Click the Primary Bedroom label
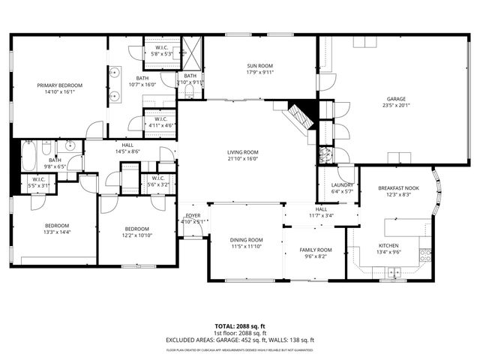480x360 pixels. point(60,85)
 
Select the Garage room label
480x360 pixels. point(396,98)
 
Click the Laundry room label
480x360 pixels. point(332,184)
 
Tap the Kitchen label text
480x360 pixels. point(388,245)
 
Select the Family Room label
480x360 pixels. point(316,250)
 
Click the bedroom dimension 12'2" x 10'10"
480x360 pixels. point(136,235)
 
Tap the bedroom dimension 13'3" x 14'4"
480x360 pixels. point(56,232)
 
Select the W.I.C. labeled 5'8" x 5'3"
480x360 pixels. point(161,54)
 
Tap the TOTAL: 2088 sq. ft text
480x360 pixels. point(239,326)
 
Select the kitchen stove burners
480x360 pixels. point(424,254)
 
